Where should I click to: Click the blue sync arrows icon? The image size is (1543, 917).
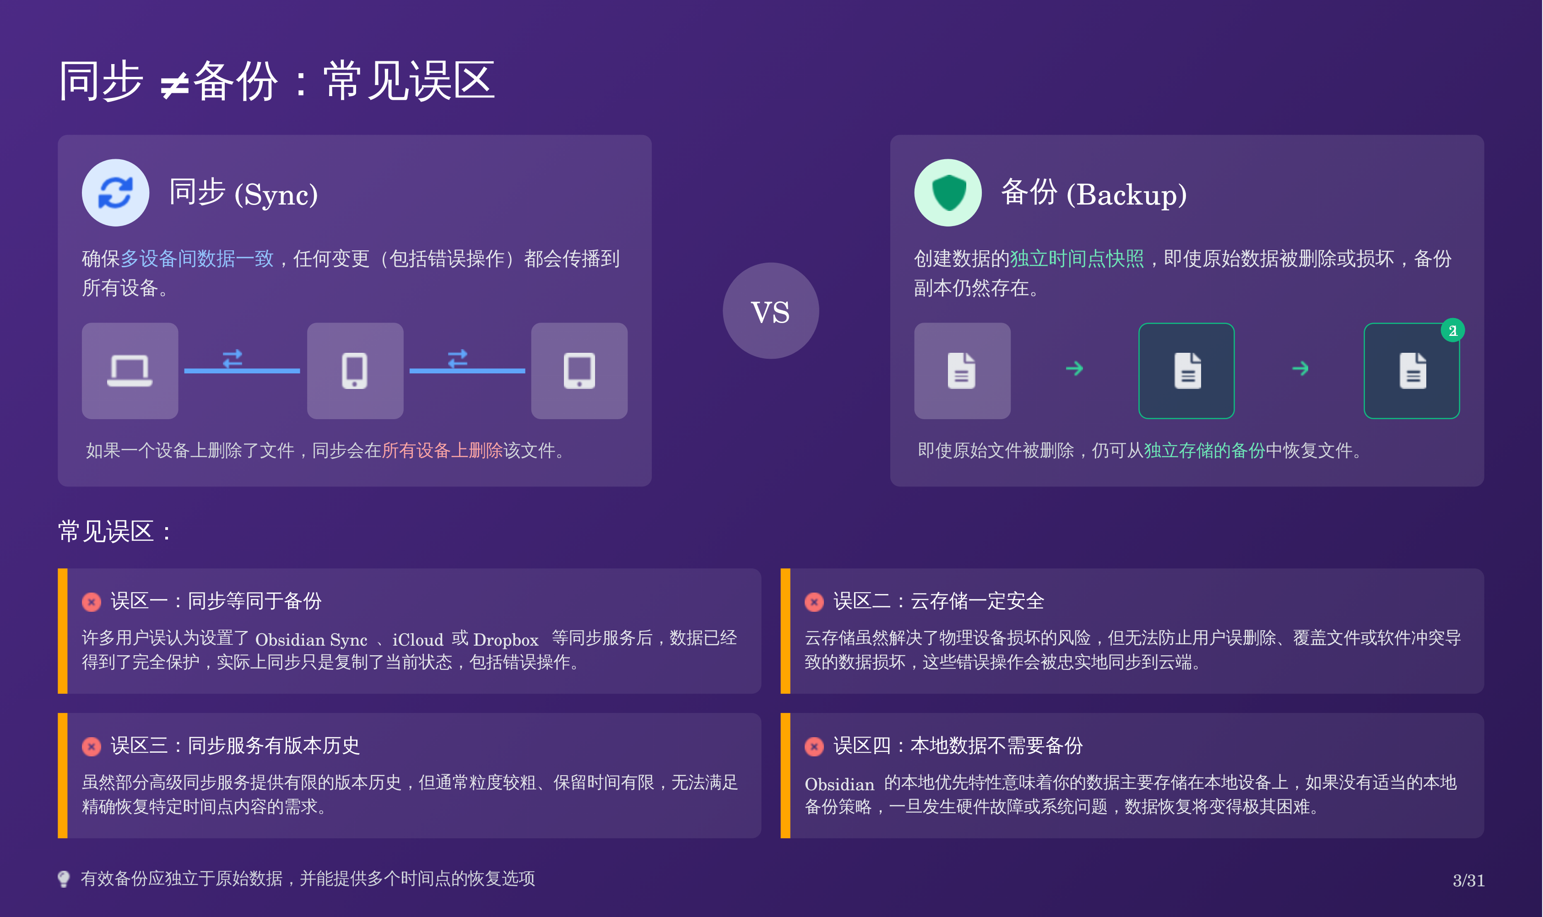pyautogui.click(x=115, y=193)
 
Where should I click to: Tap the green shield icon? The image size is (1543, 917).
pyautogui.click(x=948, y=193)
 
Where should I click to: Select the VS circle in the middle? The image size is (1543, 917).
pyautogui.click(x=770, y=311)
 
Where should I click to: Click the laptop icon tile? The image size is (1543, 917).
pyautogui.click(x=130, y=371)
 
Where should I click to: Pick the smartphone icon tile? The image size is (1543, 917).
pyautogui.click(x=355, y=371)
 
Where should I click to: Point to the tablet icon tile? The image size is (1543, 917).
pyautogui.click(x=579, y=371)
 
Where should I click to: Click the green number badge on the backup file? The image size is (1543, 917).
pyautogui.click(x=1452, y=330)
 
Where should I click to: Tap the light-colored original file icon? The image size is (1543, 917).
pyautogui.click(x=962, y=371)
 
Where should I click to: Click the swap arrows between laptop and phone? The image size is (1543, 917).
pyautogui.click(x=233, y=358)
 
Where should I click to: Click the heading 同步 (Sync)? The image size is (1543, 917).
pyautogui.click(x=244, y=194)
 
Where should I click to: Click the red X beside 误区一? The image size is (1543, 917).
pyautogui.click(x=92, y=602)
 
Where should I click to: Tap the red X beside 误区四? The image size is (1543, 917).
pyautogui.click(x=814, y=746)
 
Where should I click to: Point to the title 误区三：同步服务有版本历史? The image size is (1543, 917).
pyautogui.click(x=235, y=746)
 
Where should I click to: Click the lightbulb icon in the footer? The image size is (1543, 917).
pyautogui.click(x=64, y=879)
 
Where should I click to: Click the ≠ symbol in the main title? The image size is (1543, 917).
pyautogui.click(x=174, y=85)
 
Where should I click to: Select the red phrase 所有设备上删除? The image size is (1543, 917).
pyautogui.click(x=443, y=450)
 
